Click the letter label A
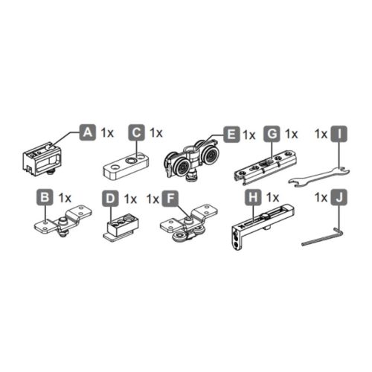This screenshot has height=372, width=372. [x=86, y=132]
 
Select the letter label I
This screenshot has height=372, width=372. [x=339, y=134]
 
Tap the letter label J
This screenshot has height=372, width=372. [x=339, y=199]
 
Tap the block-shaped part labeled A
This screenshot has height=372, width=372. [x=43, y=158]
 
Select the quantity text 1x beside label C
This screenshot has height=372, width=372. [x=155, y=132]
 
